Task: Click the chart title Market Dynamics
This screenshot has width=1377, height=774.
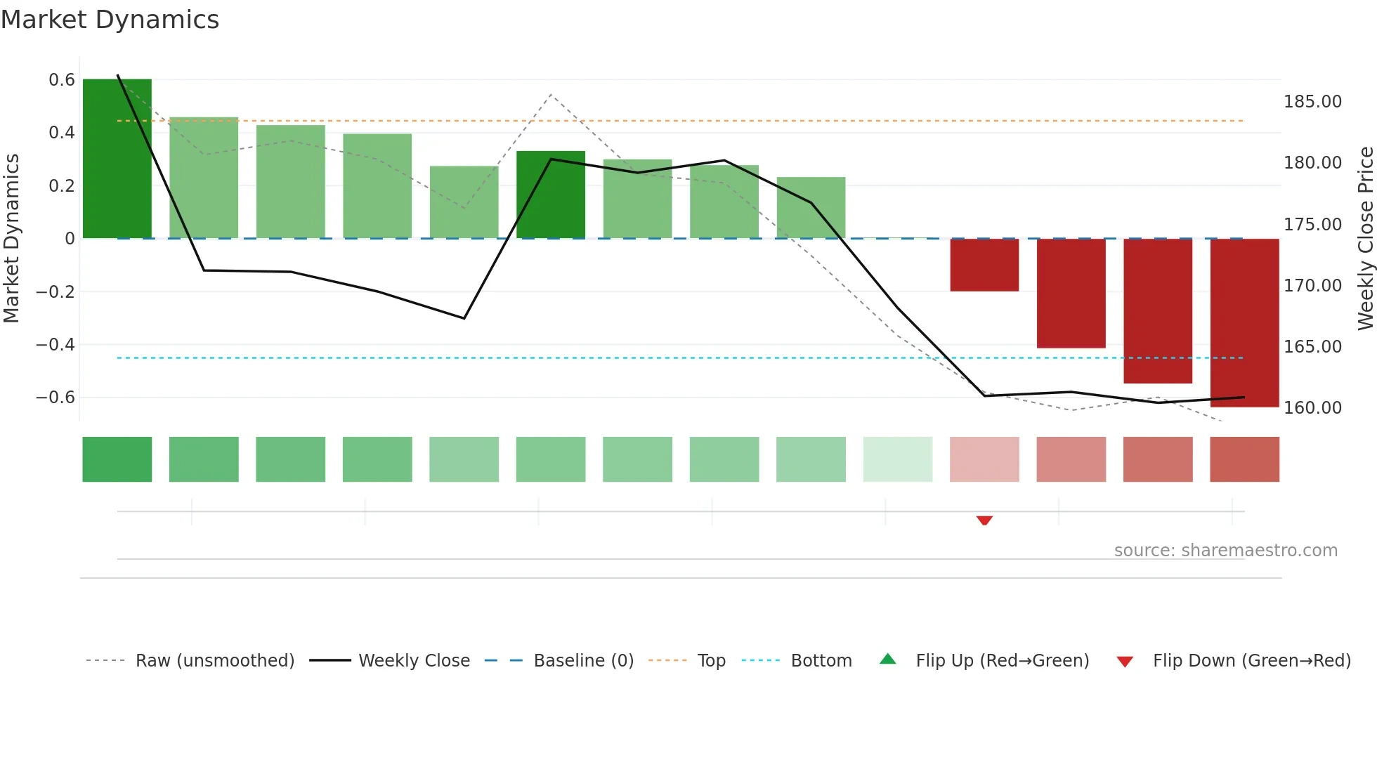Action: (x=110, y=20)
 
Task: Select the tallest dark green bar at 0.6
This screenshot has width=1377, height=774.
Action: (x=117, y=158)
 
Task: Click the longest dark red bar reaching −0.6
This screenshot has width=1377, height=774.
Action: (x=1244, y=322)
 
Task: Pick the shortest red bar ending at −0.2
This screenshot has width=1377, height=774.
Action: (x=984, y=265)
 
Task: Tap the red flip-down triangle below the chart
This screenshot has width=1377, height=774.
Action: (x=984, y=520)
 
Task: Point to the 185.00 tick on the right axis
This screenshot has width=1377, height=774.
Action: (x=1312, y=102)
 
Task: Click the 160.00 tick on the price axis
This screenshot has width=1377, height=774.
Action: (x=1312, y=408)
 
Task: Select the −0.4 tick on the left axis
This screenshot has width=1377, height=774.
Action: (x=56, y=344)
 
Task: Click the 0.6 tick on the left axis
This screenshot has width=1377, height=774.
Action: (x=62, y=80)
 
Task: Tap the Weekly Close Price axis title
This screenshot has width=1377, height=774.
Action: (x=1365, y=238)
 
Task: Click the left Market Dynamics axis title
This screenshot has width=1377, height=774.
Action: (x=11, y=238)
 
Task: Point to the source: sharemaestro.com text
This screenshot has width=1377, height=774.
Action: (x=1225, y=551)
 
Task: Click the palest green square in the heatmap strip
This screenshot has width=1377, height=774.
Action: (x=898, y=459)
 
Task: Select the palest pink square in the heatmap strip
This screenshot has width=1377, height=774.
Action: (x=984, y=459)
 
